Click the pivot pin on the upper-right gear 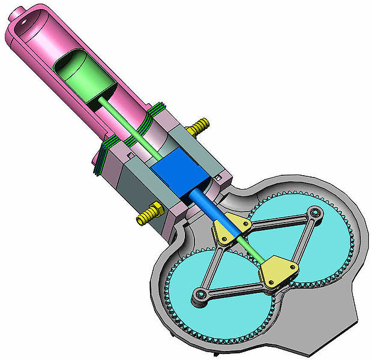[x=314, y=212]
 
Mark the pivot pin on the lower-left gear [x=199, y=293]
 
